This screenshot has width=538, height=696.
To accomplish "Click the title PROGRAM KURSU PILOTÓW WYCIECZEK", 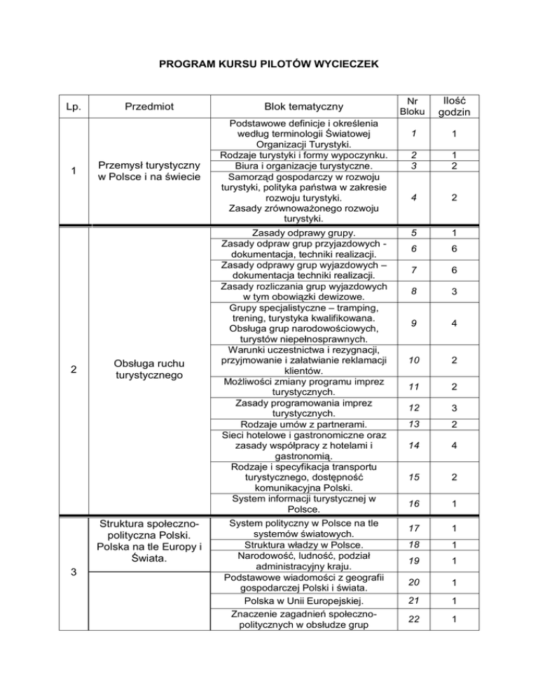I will pyautogui.click(x=269, y=65).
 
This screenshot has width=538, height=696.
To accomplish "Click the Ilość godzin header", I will pyautogui.click(x=460, y=106).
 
